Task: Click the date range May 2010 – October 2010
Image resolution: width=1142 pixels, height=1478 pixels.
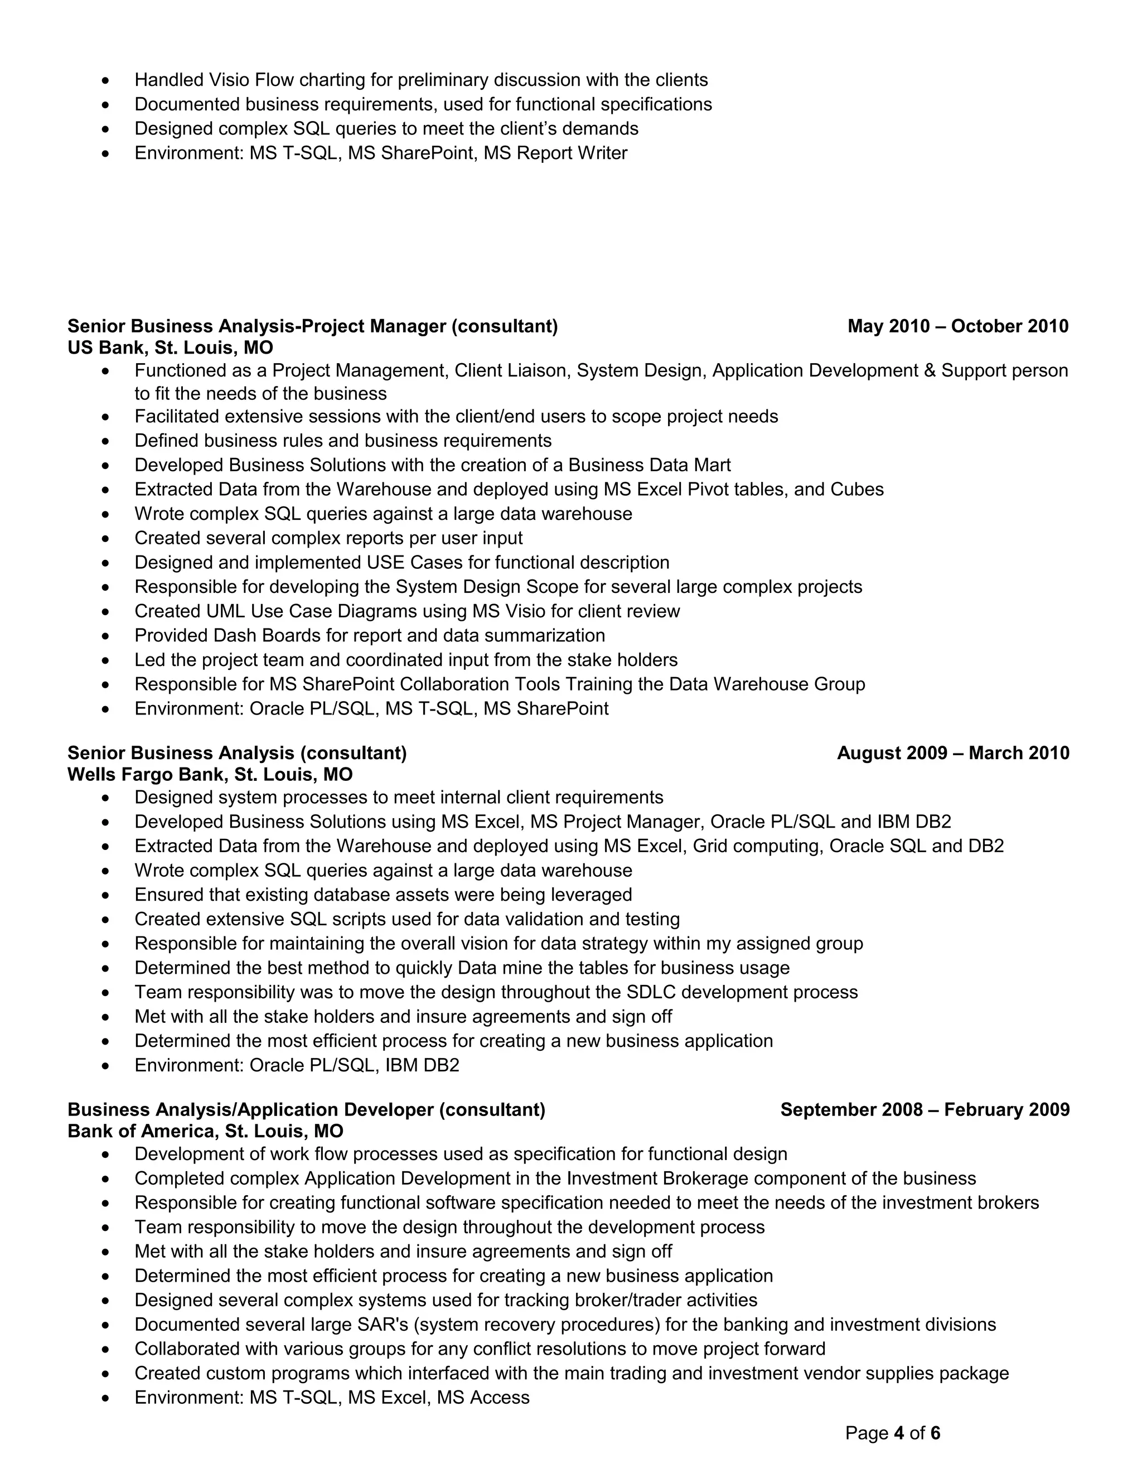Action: tap(957, 326)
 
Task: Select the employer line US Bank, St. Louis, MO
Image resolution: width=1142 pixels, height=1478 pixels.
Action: tap(171, 348)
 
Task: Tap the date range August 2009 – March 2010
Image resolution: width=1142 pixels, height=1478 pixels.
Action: tap(952, 753)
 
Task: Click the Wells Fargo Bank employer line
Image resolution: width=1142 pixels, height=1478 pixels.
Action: tap(210, 774)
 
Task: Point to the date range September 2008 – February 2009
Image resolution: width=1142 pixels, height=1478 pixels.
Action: tap(925, 1109)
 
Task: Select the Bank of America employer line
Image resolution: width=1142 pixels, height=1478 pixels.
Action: tap(205, 1131)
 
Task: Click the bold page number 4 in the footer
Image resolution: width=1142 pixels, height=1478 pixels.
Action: tap(898, 1433)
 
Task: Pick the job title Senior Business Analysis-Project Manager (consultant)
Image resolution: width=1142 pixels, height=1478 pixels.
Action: tap(313, 326)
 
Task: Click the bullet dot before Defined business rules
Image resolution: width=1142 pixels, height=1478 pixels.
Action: tap(105, 441)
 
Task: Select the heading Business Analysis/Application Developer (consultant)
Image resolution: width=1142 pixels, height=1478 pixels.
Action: tap(306, 1109)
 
